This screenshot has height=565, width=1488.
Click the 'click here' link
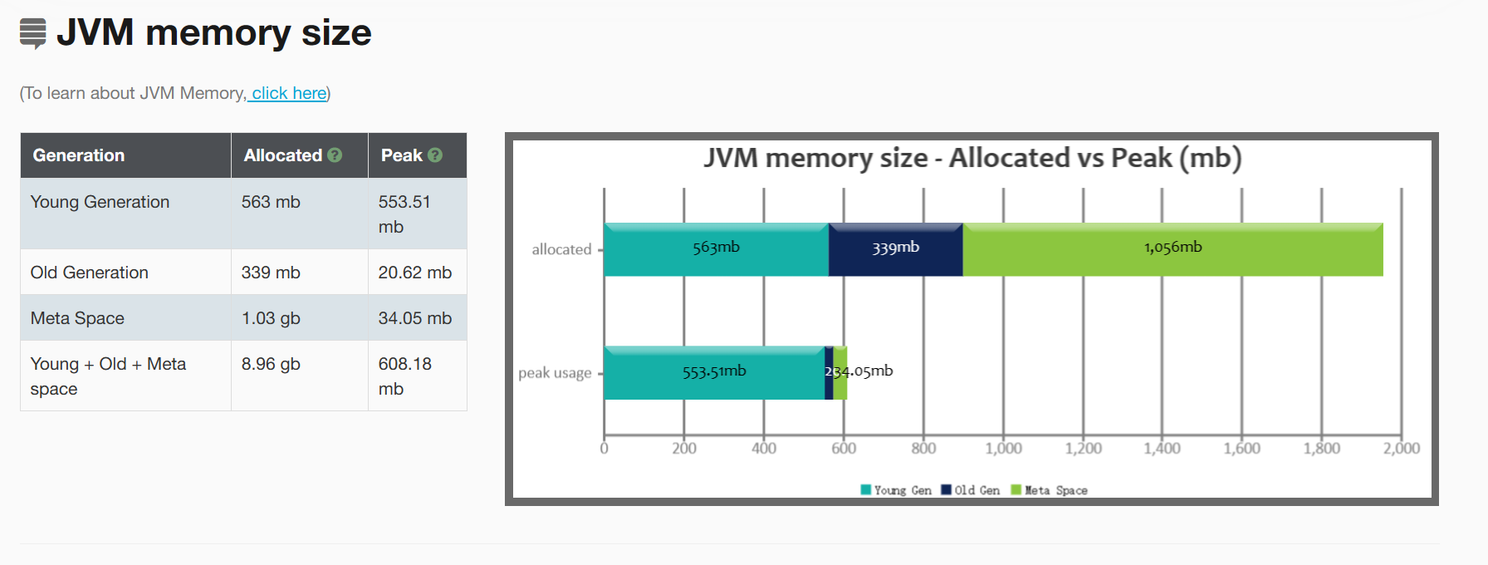coord(289,93)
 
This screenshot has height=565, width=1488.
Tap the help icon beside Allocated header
coord(335,155)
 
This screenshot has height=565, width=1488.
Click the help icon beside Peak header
coord(435,155)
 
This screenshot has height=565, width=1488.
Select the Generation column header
coord(79,155)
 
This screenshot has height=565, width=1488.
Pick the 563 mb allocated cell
coord(271,202)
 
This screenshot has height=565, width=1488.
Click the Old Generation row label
coord(90,273)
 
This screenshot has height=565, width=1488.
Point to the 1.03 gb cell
coord(271,318)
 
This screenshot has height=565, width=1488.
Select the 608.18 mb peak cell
coord(404,376)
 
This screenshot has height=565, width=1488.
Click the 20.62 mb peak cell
coord(414,273)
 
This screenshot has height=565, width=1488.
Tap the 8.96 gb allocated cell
coord(271,364)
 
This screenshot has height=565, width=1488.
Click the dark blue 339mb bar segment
coord(895,249)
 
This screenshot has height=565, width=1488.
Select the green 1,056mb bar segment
coord(1172,249)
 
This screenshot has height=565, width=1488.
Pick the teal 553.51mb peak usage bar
coord(714,373)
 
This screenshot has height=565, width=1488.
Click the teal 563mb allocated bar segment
coord(716,249)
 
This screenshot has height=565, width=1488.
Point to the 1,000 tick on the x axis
coord(1003,449)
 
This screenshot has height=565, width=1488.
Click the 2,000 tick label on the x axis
coord(1401,449)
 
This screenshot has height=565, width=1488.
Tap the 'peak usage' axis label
coord(555,373)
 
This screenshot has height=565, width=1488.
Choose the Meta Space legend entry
coord(1050,490)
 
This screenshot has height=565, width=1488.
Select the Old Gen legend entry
coord(971,490)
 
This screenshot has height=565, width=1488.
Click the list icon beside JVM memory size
coord(33,33)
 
